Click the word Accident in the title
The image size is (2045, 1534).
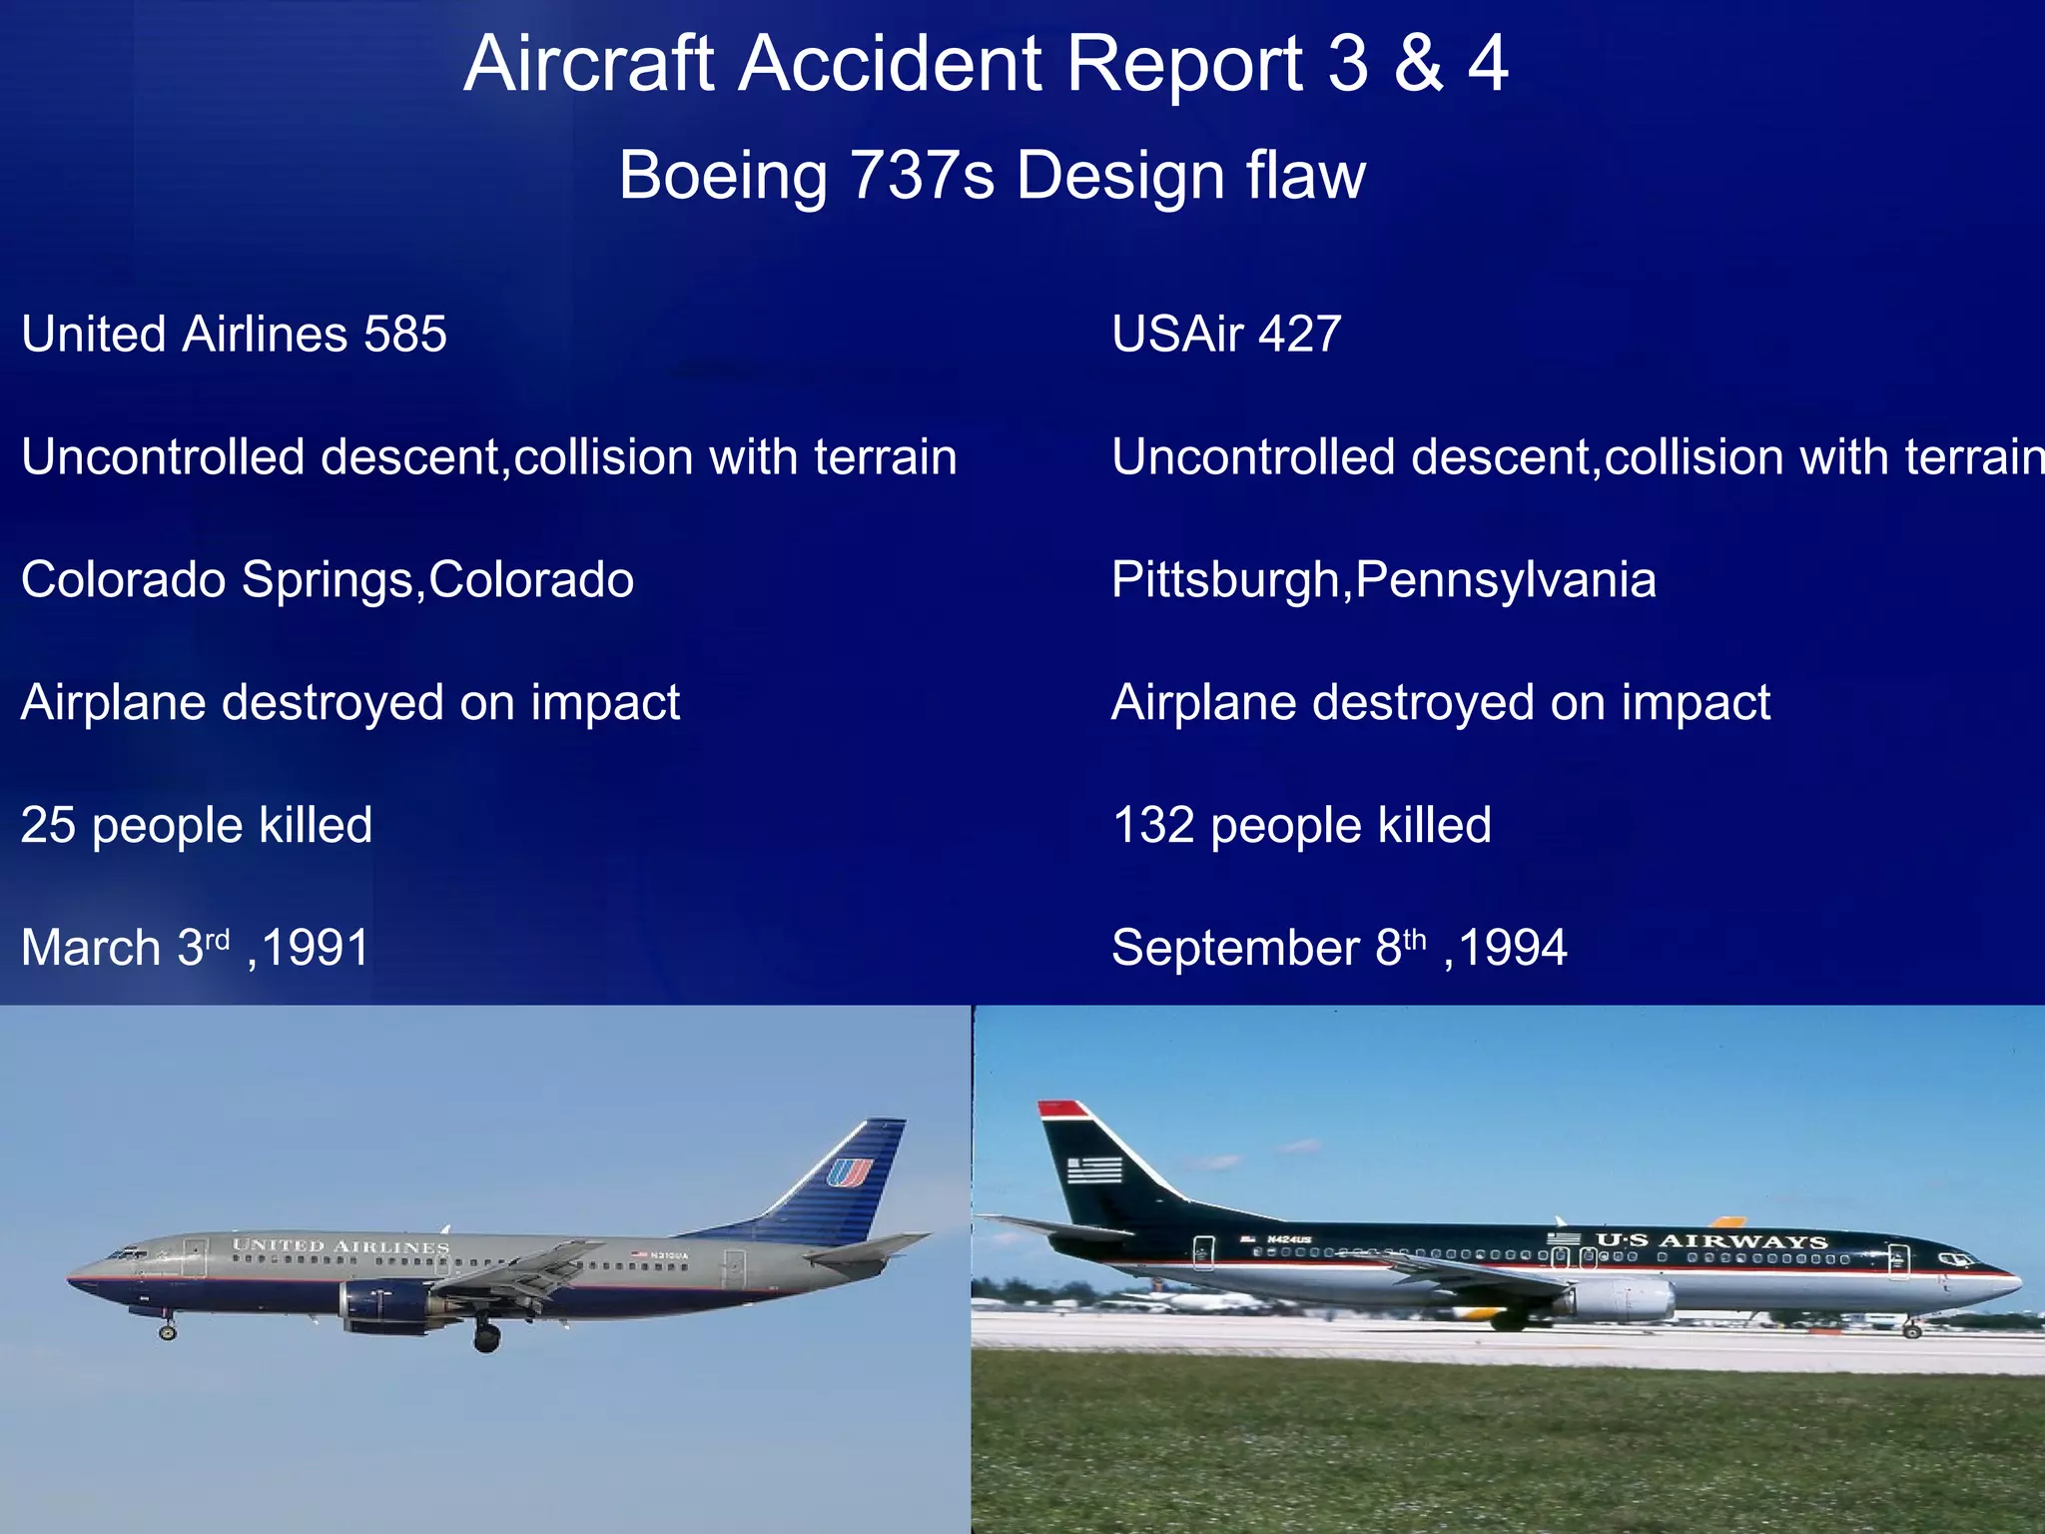tap(892, 64)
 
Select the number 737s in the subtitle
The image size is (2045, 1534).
tap(922, 176)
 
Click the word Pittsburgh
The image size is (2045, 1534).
tap(1225, 580)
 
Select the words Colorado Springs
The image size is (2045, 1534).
tap(217, 580)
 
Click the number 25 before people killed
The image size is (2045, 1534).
tap(48, 826)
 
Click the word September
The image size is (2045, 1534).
tap(1235, 948)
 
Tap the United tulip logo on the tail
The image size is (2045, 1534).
tap(849, 1171)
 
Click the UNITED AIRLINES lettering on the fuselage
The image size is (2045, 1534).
tap(341, 1246)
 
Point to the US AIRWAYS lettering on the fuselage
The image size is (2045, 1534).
tap(1710, 1241)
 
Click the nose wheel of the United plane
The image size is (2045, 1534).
tap(168, 1331)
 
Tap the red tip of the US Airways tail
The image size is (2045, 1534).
tap(1061, 1109)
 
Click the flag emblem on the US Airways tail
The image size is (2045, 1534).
tap(1094, 1169)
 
